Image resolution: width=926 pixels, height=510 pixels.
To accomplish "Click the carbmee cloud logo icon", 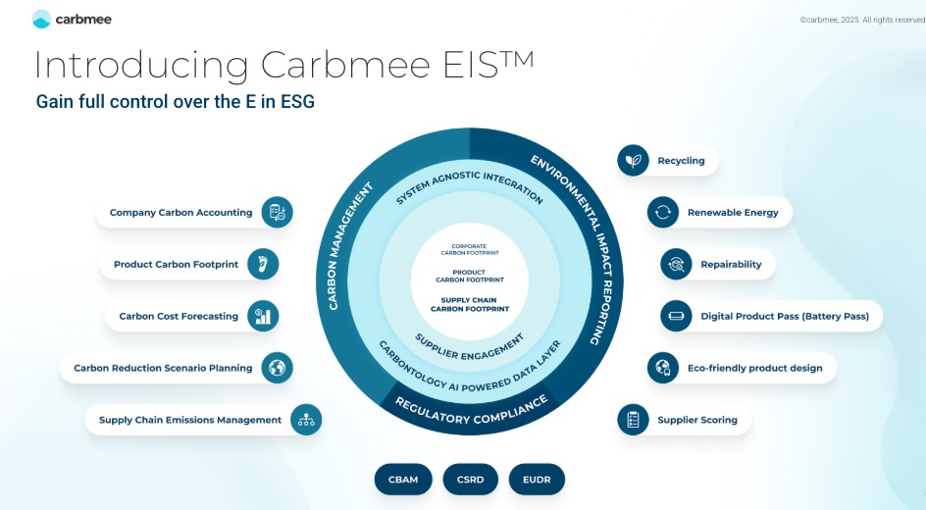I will (x=41, y=19).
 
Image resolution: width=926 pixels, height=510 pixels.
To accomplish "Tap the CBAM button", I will (x=403, y=480).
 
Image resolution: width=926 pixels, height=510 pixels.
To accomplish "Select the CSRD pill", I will (x=470, y=480).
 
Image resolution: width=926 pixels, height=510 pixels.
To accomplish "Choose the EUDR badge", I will (x=537, y=480).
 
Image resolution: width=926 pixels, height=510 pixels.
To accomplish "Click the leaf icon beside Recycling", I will (x=633, y=161).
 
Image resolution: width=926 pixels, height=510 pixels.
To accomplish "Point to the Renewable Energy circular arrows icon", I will (x=663, y=212).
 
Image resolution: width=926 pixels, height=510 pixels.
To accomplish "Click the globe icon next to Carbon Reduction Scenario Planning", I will (x=278, y=368).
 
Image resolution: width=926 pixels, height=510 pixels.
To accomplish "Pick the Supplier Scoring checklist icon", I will (x=633, y=420).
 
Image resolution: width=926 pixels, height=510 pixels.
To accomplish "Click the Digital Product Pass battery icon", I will (x=676, y=317).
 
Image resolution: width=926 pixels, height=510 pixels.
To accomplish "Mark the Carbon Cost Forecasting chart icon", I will (x=263, y=316).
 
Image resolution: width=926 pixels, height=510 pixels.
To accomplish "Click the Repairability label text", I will (x=731, y=265).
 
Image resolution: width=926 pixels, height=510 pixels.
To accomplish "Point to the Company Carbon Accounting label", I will (x=180, y=212).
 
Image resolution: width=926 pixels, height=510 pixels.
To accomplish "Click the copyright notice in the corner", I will (x=861, y=19).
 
